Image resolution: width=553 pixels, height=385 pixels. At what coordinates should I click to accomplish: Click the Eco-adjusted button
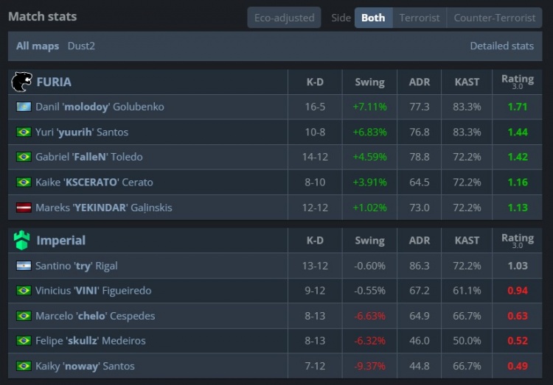click(284, 18)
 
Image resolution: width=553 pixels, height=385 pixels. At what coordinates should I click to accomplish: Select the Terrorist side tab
click(420, 18)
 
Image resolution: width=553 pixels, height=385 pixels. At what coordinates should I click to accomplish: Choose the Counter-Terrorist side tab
click(495, 18)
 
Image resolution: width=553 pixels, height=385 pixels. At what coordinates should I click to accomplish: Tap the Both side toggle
click(373, 18)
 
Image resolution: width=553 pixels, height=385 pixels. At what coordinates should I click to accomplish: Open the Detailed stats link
click(501, 46)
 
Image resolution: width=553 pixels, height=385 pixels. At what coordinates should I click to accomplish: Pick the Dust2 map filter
click(81, 46)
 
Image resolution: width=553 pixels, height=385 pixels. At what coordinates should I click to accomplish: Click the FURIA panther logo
click(22, 82)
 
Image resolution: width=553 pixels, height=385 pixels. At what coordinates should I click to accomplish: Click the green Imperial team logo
click(22, 240)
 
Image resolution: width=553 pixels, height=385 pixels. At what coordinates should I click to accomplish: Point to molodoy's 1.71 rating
click(518, 107)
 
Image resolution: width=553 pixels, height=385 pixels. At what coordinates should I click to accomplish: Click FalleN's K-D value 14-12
click(315, 157)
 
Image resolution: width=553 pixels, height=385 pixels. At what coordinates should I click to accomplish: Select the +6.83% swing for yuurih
click(369, 132)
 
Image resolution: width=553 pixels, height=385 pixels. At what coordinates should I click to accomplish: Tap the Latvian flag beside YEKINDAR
click(24, 208)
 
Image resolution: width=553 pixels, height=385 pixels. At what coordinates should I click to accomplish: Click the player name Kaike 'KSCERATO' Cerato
click(94, 182)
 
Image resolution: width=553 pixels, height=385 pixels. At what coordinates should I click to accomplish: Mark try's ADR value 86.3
click(420, 266)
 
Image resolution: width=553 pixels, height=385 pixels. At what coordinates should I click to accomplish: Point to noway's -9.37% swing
click(369, 366)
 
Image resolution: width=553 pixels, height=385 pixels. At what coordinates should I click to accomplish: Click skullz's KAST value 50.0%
click(467, 341)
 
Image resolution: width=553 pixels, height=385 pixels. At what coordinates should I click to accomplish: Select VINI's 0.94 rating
click(518, 291)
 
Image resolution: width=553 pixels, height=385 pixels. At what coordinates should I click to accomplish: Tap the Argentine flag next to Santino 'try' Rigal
click(24, 266)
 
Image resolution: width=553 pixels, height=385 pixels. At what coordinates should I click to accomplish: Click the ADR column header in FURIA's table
click(420, 82)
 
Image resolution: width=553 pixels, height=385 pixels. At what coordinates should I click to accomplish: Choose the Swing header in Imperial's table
click(369, 241)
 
